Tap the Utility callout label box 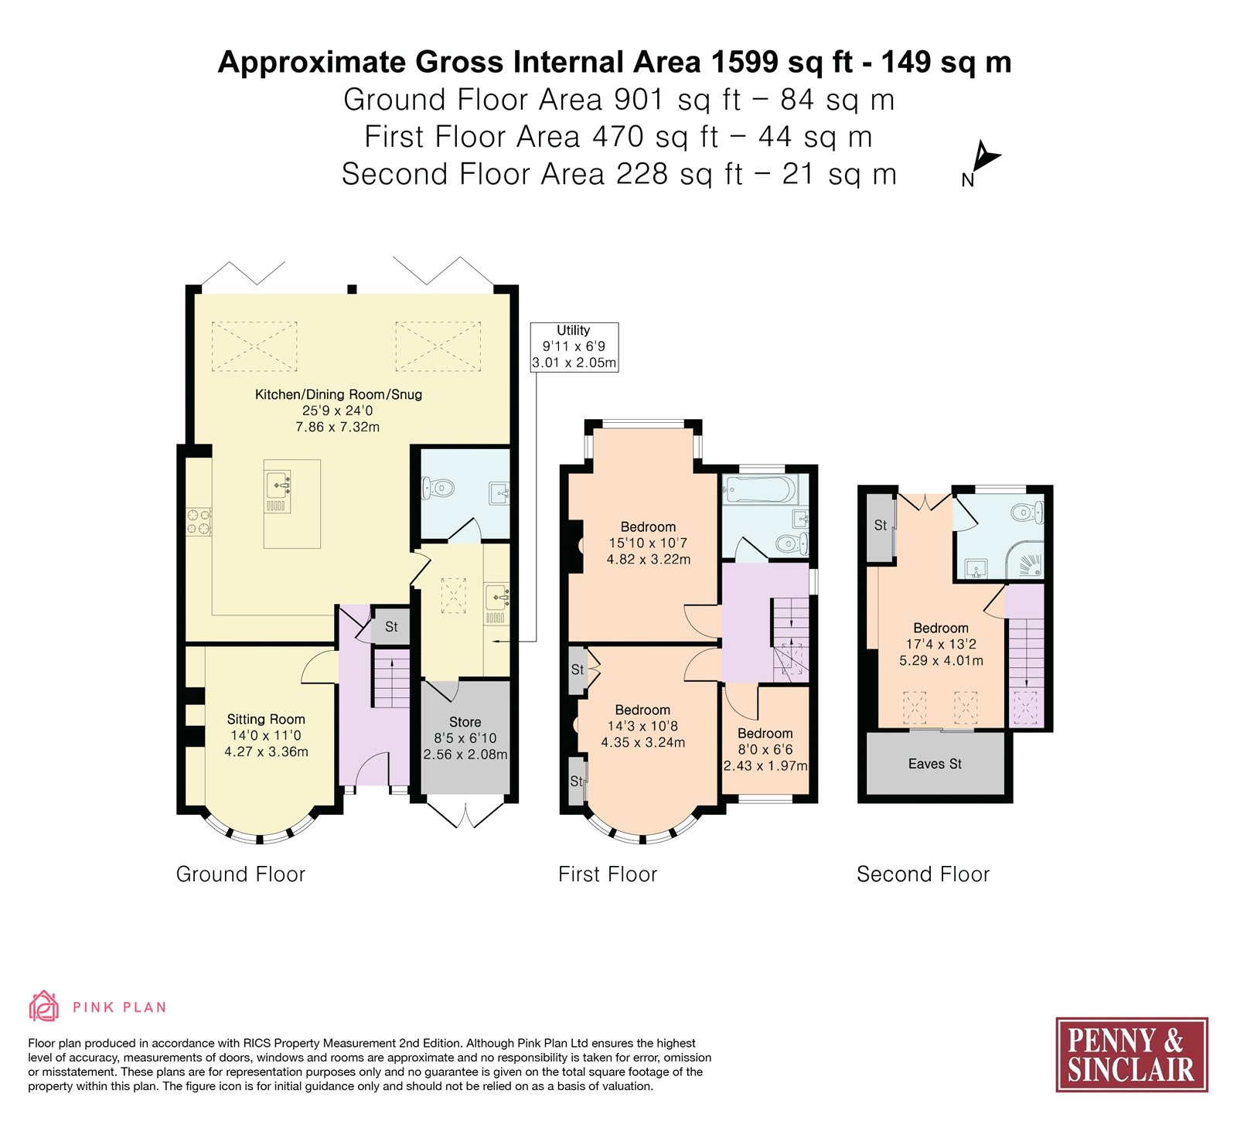point(574,346)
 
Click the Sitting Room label point(266,735)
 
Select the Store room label point(465,738)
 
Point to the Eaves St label point(935,764)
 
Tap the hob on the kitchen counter point(199,520)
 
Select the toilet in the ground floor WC point(437,488)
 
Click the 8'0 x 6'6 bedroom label point(765,749)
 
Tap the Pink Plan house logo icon point(44,1006)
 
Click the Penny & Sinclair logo point(1132,1055)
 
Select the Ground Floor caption point(240,874)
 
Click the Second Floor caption point(923,874)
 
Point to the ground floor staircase point(391,678)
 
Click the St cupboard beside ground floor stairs point(391,626)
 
